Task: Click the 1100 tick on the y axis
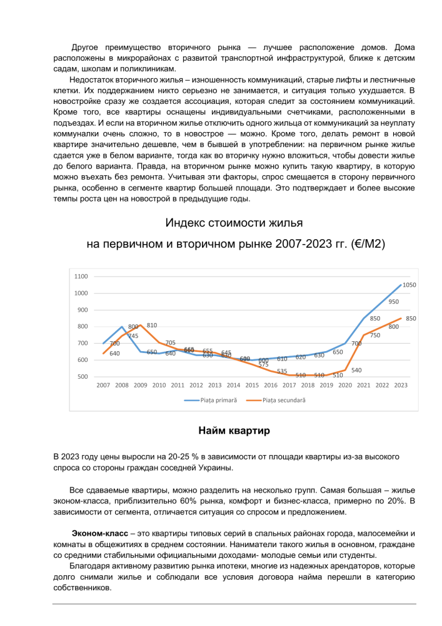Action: [81, 276]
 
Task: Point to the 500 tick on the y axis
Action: [83, 377]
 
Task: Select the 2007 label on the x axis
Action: [103, 386]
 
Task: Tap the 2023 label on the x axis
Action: [401, 386]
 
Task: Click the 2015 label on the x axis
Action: [252, 386]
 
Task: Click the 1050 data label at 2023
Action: [409, 285]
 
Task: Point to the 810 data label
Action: [152, 326]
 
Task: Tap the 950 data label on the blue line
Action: [393, 302]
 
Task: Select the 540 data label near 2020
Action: [356, 370]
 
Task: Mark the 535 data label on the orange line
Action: [281, 371]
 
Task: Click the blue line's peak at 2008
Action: [122, 327]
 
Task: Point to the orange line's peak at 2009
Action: [141, 325]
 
